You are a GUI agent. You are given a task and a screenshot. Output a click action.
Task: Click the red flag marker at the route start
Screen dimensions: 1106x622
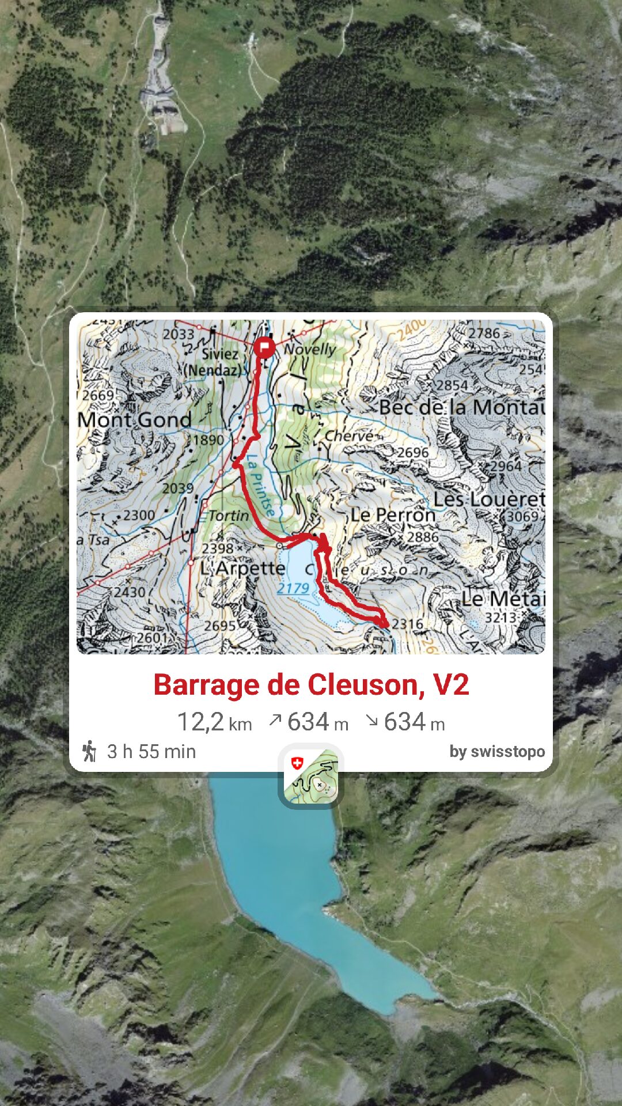click(x=264, y=347)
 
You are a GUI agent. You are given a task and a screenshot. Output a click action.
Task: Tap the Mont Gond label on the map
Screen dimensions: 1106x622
click(x=135, y=420)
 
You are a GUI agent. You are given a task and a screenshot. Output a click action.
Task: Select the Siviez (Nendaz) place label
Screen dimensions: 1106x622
click(x=214, y=362)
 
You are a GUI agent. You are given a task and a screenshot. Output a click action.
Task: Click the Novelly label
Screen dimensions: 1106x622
click(x=310, y=349)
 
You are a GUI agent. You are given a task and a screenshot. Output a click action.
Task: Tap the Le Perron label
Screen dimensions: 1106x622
click(x=393, y=514)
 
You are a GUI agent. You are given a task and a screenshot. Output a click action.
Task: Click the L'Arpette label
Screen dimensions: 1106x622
click(x=242, y=569)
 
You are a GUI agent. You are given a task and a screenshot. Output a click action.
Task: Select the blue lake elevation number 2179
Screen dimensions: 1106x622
click(x=293, y=588)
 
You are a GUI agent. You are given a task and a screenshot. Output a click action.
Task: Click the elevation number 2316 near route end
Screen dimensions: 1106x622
click(x=408, y=624)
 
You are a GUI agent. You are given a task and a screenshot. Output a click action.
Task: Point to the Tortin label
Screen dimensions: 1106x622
click(x=229, y=516)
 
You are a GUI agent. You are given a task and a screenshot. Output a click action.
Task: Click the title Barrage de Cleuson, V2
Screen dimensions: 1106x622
click(x=311, y=685)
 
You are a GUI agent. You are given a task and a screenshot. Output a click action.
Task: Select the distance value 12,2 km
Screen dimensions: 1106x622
click(x=214, y=722)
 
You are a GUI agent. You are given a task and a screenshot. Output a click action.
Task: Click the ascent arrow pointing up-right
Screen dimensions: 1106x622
click(x=275, y=720)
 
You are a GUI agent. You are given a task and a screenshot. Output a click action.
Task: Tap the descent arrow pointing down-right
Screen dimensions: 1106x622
click(x=372, y=720)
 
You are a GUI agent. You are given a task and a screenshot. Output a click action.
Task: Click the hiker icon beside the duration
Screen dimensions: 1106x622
click(x=89, y=751)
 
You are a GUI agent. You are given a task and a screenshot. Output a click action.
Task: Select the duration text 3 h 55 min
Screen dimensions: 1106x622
click(x=151, y=752)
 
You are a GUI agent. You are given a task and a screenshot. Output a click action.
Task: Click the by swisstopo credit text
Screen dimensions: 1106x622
click(x=497, y=752)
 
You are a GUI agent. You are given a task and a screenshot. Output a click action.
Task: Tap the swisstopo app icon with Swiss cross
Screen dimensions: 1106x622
click(x=311, y=776)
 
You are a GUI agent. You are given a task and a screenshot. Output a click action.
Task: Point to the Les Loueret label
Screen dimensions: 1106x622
click(x=489, y=499)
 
